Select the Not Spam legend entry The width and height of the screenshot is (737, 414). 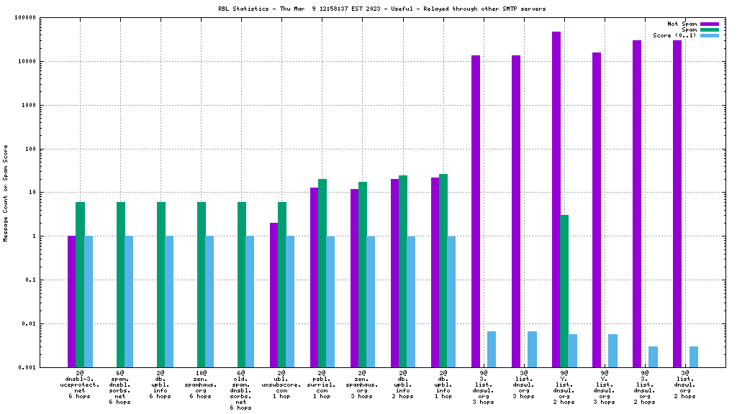tap(682, 24)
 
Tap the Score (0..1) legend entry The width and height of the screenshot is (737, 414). tap(674, 35)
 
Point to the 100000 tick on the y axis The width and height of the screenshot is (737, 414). tap(45, 18)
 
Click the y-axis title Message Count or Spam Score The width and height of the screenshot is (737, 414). tap(6, 193)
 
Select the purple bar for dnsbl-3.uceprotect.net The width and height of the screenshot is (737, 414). tap(72, 301)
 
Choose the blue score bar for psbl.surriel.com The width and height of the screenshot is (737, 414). tap(330, 301)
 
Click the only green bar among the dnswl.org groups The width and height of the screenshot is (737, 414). tap(564, 290)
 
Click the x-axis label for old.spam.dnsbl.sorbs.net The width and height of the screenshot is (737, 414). tap(241, 390)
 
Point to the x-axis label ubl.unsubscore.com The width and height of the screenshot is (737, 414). tap(281, 385)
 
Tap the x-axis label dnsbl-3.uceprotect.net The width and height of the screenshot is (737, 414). tap(80, 385)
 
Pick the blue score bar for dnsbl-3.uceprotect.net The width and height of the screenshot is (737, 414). tap(89, 301)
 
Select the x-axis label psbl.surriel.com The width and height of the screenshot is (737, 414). tap(322, 385)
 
